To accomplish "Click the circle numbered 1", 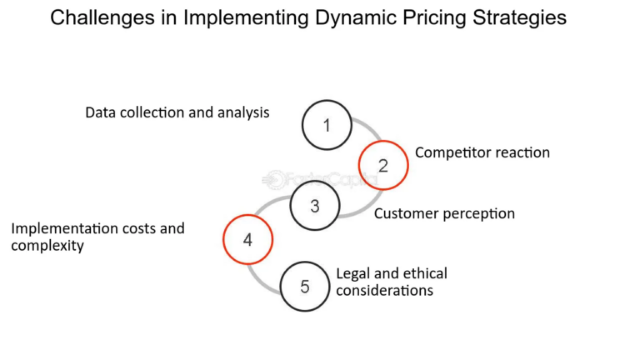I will click(x=327, y=126).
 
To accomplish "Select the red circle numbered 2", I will click(x=383, y=165).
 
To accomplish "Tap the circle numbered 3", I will click(x=315, y=205).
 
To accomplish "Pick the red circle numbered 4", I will click(x=247, y=241).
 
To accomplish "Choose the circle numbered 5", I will click(x=305, y=286).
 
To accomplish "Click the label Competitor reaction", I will click(x=482, y=152).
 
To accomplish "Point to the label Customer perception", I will click(x=444, y=213).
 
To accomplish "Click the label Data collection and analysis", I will click(x=177, y=112).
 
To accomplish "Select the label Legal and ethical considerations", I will click(x=392, y=282).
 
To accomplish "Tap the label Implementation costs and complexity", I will click(x=97, y=237).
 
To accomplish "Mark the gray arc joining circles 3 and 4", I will click(x=265, y=206).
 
